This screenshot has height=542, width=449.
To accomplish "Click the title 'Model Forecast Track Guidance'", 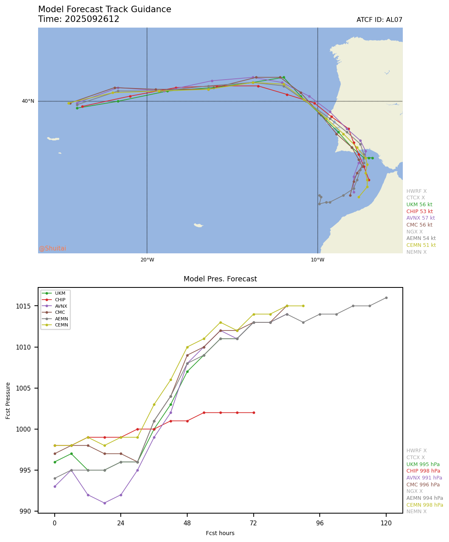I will pos(105,9).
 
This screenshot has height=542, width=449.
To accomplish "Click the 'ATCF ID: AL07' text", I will pos(379,20).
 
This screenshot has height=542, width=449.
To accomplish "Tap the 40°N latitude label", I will pos(28,101).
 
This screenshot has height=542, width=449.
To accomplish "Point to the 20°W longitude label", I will pos(147,260).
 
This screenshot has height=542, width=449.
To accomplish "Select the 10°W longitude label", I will pos(318,260).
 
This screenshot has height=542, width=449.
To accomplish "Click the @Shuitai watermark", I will pos(53,248).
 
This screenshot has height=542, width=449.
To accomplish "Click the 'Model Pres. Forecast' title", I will pos(220,279).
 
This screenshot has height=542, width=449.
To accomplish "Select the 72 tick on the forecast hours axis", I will pos(254,523).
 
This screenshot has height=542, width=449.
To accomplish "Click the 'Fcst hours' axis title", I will pos(220,533).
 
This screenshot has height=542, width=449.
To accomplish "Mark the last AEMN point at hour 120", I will pos(386,298).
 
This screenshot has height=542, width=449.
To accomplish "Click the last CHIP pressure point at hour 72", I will pos(254,412).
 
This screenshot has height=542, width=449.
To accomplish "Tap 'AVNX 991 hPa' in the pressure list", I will pos(424,478).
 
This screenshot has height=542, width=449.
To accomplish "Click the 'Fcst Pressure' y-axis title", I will pos(9,400).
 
